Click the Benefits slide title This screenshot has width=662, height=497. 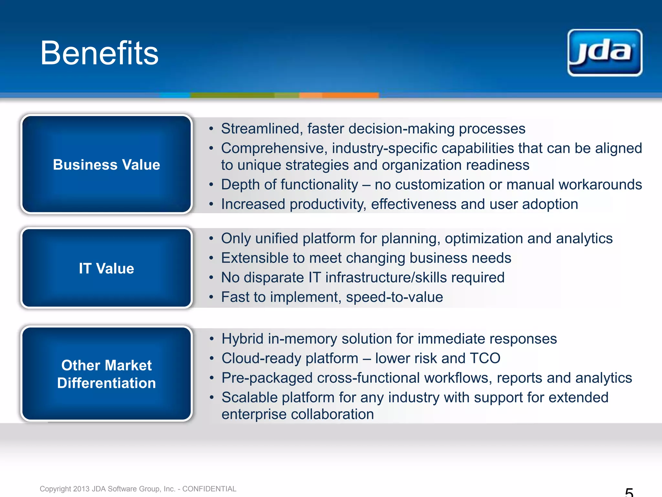click(99, 53)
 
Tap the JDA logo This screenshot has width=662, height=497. click(605, 53)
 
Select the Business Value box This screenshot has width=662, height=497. click(106, 164)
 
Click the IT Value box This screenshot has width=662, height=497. click(106, 268)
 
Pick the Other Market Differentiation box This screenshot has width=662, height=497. click(106, 374)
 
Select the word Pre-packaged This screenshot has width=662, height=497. click(267, 378)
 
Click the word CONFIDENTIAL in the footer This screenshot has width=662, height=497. click(209, 489)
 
